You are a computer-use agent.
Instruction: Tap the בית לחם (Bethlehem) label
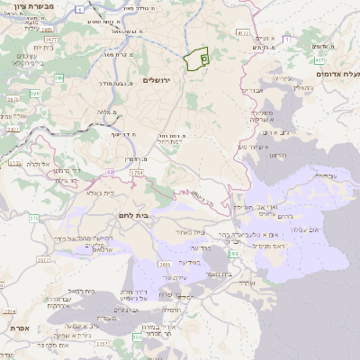tap(132, 216)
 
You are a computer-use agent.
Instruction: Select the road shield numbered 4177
tap(241, 32)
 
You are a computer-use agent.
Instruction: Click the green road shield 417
tap(319, 59)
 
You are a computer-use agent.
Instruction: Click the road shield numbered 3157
tap(101, 344)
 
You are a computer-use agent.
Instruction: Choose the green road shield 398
tap(234, 255)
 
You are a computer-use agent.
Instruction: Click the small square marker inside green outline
tap(203, 58)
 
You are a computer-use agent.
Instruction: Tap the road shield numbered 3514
tap(8, 310)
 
